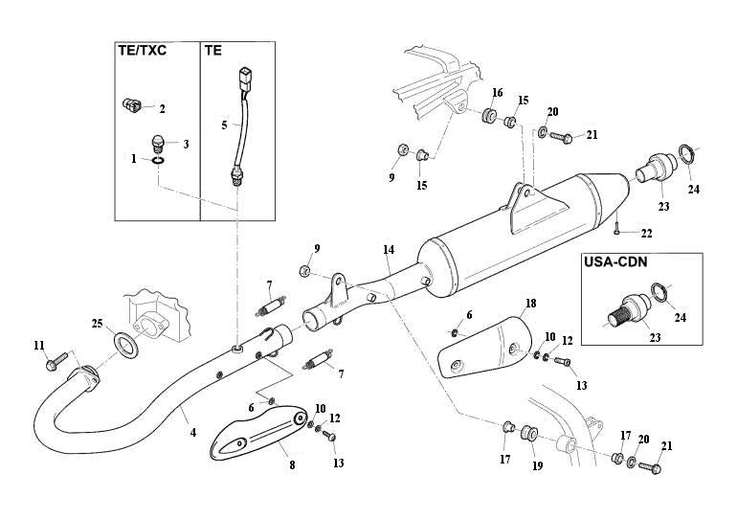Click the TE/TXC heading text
pyautogui.click(x=142, y=50)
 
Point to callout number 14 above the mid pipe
pyautogui.click(x=388, y=251)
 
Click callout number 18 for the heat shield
pyautogui.click(x=530, y=304)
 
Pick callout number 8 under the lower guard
pyautogui.click(x=293, y=465)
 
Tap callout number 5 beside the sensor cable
pyautogui.click(x=225, y=124)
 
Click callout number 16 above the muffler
pyautogui.click(x=498, y=92)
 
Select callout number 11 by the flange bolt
pyautogui.click(x=39, y=345)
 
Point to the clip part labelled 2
pyautogui.click(x=133, y=105)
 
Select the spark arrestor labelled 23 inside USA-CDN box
pyautogui.click(x=624, y=311)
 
